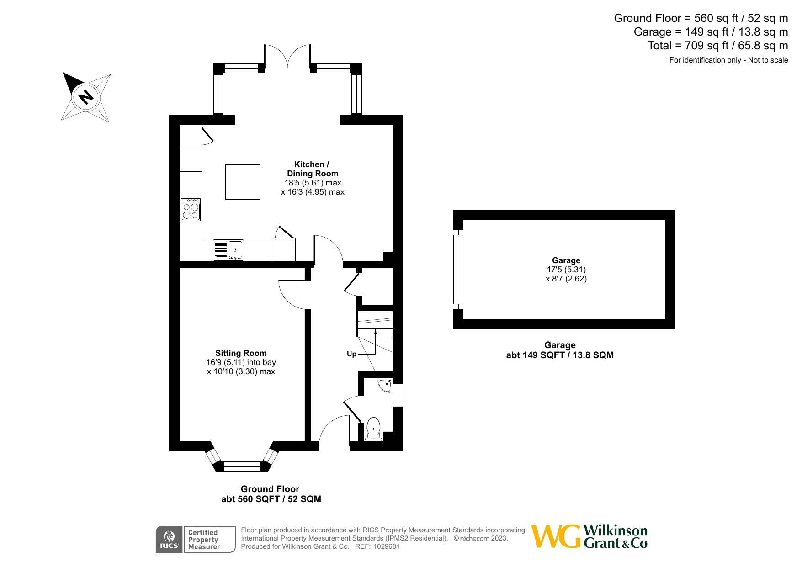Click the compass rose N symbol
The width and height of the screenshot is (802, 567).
pyautogui.click(x=85, y=97)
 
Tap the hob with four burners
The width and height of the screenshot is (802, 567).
pyautogui.click(x=191, y=210)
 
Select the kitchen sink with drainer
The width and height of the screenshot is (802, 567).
pyautogui.click(x=228, y=250)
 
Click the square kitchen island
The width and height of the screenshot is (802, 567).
pyautogui.click(x=243, y=182)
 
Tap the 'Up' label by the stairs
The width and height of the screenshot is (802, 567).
pyautogui.click(x=351, y=354)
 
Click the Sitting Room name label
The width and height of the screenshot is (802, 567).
pyautogui.click(x=241, y=353)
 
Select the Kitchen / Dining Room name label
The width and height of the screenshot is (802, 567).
pyautogui.click(x=312, y=169)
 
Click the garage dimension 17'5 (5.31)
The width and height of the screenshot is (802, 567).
pyautogui.click(x=566, y=270)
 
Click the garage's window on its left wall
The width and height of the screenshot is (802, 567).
pyautogui.click(x=458, y=269)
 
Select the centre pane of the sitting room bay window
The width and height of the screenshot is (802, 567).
pyautogui.click(x=242, y=466)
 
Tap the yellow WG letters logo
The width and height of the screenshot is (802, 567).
pyautogui.click(x=556, y=536)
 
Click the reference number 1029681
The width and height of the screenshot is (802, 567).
pyautogui.click(x=387, y=546)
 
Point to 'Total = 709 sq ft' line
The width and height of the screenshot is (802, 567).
pyautogui.click(x=717, y=46)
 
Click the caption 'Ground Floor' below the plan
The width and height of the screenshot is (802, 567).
pyautogui.click(x=270, y=489)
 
